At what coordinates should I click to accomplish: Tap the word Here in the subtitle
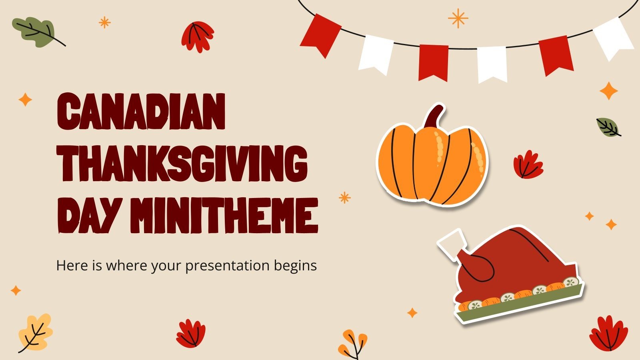[x=70, y=265]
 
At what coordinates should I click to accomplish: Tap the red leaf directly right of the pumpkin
[x=528, y=164]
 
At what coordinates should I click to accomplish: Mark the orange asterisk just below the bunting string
[x=458, y=18]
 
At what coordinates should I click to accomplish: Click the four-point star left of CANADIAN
[x=25, y=100]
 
